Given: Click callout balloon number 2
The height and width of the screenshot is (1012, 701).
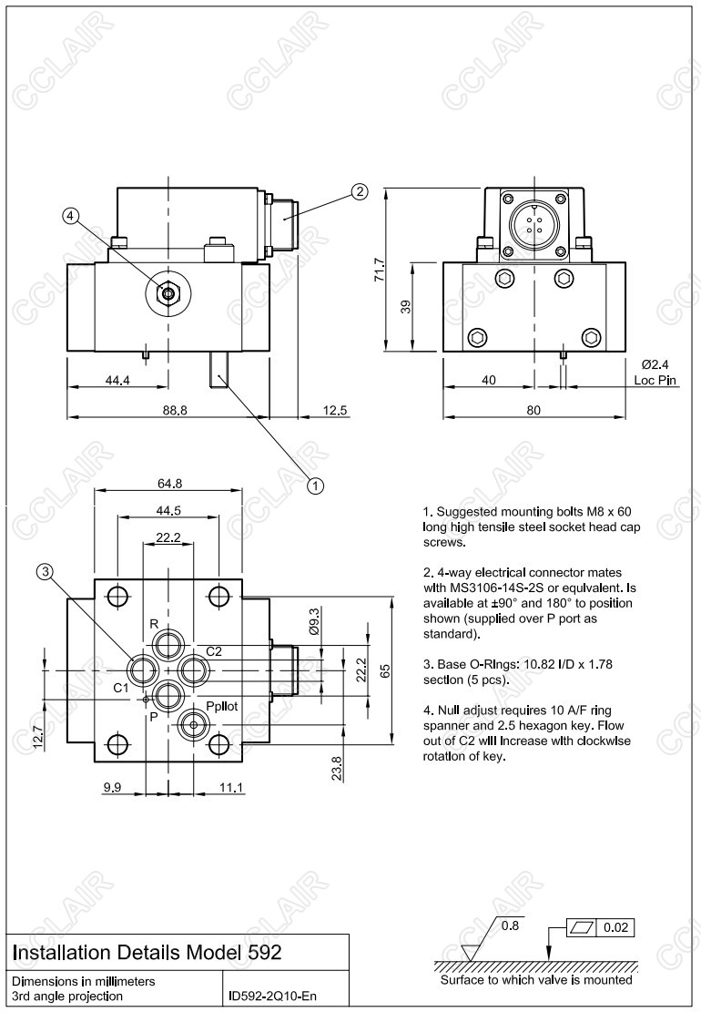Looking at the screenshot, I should click(360, 191).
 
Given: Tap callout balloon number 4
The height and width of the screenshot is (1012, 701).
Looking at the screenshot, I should click(72, 216).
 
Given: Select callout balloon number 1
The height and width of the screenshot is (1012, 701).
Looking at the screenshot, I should click(316, 486).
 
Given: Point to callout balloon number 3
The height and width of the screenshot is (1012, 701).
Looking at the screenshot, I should click(46, 572).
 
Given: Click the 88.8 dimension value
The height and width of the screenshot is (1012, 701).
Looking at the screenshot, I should click(175, 410).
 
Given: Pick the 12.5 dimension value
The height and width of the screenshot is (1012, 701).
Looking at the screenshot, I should click(336, 410).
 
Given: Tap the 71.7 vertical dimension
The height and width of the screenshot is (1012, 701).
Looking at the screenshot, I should click(381, 271).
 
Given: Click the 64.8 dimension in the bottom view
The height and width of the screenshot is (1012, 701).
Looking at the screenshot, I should click(168, 483).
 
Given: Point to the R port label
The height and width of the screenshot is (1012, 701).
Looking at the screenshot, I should click(154, 624).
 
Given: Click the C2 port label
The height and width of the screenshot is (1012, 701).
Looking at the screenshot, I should click(214, 651).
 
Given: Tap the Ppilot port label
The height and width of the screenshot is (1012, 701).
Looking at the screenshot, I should click(222, 706).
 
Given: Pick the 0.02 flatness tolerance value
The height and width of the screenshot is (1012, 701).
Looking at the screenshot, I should click(617, 927).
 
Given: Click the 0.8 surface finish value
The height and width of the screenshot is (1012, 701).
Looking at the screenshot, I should click(511, 927).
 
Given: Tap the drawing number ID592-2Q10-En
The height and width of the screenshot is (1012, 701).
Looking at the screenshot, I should click(272, 997).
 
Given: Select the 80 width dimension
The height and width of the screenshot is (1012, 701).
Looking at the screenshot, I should click(534, 410).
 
